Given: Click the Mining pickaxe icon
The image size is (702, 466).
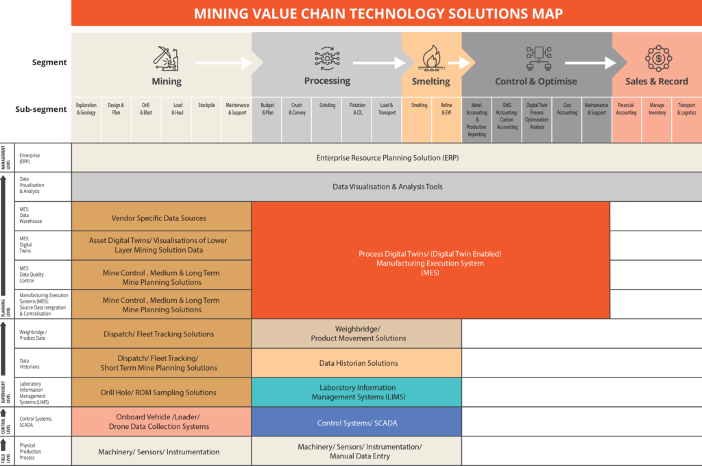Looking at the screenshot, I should click(x=166, y=59).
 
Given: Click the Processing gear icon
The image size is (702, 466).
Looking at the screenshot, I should click(x=327, y=59).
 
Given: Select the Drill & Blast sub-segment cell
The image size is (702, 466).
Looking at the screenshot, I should click(x=146, y=109).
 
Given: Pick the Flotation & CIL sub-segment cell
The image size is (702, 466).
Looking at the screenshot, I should click(x=356, y=109).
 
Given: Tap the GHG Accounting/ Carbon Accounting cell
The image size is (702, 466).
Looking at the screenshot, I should click(x=507, y=116).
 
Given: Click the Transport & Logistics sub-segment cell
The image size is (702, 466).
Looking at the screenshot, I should click(x=686, y=109).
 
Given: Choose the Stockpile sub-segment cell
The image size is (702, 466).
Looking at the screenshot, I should click(x=206, y=106).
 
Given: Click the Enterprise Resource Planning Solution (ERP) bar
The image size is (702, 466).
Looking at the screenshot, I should click(x=387, y=158).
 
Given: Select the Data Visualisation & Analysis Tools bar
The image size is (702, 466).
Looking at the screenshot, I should click(x=387, y=187).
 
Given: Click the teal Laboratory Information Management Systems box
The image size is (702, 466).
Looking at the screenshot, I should click(x=356, y=393).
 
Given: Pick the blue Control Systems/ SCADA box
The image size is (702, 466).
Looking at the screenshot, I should click(x=356, y=423).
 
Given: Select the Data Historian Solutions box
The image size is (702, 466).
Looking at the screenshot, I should click(x=356, y=363).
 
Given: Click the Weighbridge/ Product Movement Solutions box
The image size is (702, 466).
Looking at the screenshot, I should click(x=356, y=334).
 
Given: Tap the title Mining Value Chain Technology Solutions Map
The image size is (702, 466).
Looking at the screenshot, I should click(x=386, y=14).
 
